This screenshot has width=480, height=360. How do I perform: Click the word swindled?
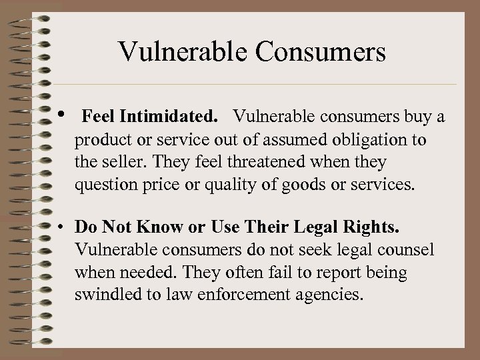point(108,294)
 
